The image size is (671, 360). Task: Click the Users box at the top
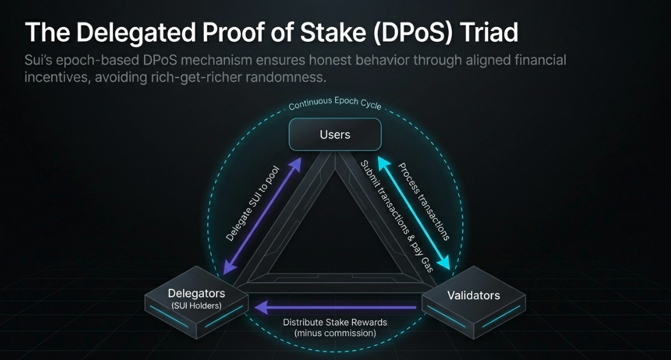(x=335, y=134)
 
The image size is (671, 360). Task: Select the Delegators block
(x=196, y=302)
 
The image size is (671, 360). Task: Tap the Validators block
(x=474, y=302)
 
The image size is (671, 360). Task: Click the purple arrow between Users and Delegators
(x=262, y=216)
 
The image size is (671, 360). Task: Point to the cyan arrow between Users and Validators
(x=414, y=213)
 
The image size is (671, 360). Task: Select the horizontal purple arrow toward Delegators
(x=335, y=307)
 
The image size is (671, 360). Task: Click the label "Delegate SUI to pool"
(x=253, y=204)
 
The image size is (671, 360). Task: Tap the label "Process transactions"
(x=424, y=202)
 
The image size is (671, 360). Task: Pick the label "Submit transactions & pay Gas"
(x=397, y=216)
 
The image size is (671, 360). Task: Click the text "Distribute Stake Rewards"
(x=335, y=322)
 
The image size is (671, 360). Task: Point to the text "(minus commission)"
(x=335, y=333)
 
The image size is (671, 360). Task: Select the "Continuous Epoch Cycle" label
(x=335, y=103)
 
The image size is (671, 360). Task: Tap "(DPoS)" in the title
(x=413, y=33)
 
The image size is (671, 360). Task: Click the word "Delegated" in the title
(x=136, y=33)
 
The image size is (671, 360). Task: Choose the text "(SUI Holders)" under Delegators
(x=196, y=305)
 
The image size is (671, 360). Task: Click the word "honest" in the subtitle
(x=329, y=60)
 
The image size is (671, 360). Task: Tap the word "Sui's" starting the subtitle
(x=38, y=60)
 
